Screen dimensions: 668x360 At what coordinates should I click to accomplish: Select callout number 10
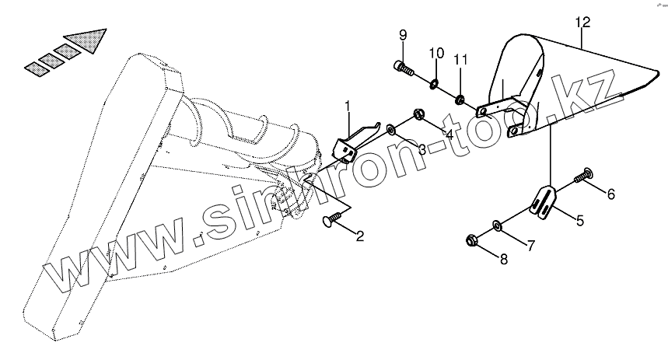pos(435,54)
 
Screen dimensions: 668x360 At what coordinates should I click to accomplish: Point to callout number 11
pos(460,60)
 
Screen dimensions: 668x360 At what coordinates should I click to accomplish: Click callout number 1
pos(348,104)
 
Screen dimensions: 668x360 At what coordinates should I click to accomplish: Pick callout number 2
pos(359,235)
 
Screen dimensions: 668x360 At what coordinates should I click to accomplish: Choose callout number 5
pos(579,221)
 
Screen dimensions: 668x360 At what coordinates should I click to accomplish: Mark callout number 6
pos(610,194)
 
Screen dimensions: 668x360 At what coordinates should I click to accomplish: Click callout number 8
pos(503,260)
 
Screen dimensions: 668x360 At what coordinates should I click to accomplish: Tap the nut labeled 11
pos(460,98)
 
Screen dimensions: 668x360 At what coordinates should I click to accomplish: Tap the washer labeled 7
pos(496,226)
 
